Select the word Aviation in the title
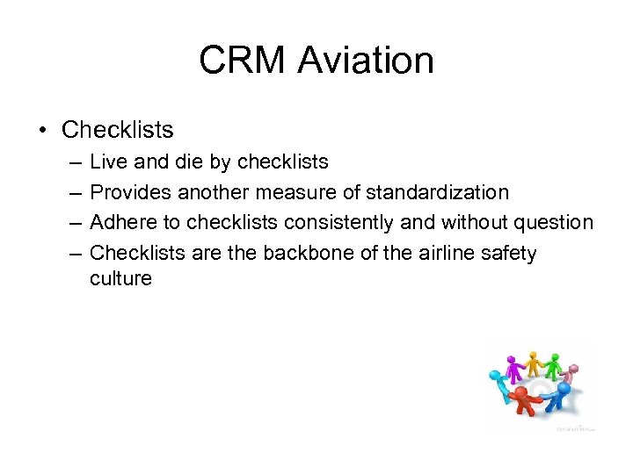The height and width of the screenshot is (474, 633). (365, 61)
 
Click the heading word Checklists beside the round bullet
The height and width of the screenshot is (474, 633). (118, 130)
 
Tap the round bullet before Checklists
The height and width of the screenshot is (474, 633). (43, 131)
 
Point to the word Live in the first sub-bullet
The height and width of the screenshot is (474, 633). (107, 162)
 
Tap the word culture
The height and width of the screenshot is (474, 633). (120, 279)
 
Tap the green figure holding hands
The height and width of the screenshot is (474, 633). (554, 363)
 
